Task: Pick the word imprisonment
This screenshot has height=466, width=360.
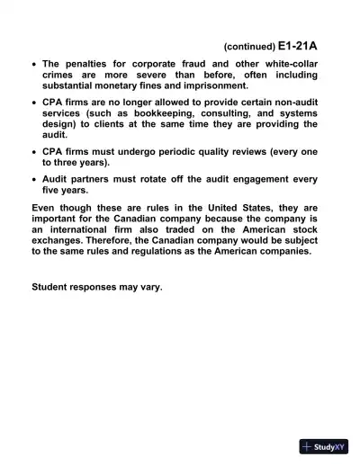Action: [211, 85]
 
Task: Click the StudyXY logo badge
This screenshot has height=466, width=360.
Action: [324, 446]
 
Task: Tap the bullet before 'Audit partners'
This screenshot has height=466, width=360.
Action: [33, 178]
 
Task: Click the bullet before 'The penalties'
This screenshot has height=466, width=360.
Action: [33, 65]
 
